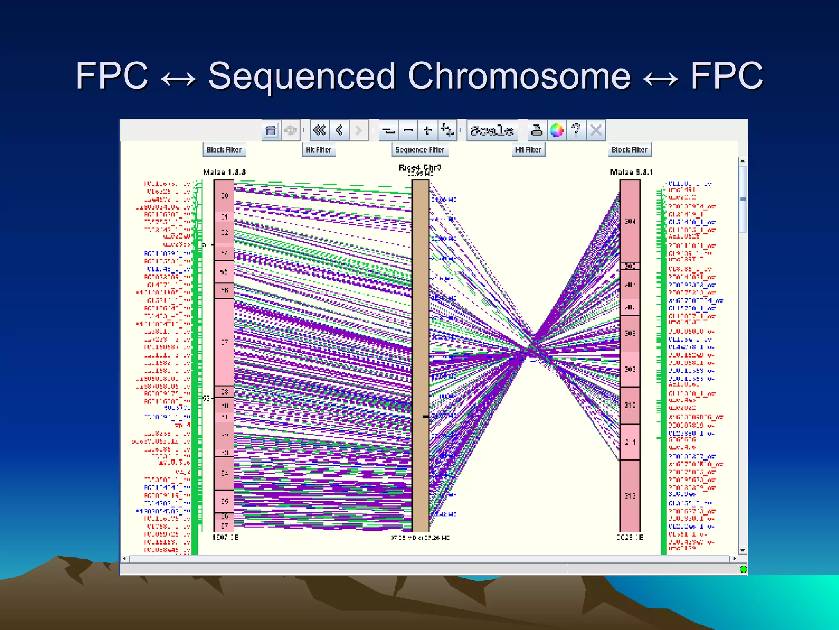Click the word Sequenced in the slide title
[x=302, y=76]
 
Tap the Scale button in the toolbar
[x=492, y=130]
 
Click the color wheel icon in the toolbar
[x=556, y=130]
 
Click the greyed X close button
[x=596, y=130]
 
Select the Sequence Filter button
[x=419, y=150]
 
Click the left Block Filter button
[x=224, y=150]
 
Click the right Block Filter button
[x=629, y=150]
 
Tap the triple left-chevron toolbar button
[x=320, y=130]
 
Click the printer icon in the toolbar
[x=536, y=130]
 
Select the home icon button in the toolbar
[x=271, y=130]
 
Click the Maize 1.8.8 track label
[x=224, y=172]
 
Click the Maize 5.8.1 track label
[x=631, y=172]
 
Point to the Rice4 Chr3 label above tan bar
[x=419, y=167]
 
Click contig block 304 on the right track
[x=630, y=221]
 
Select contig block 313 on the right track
[x=630, y=495]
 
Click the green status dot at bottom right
[x=743, y=569]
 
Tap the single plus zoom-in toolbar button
[x=428, y=130]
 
